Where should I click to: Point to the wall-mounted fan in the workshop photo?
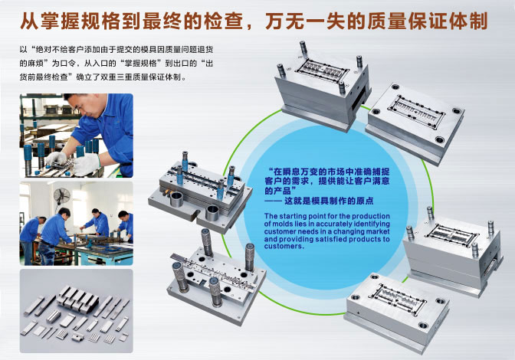62,196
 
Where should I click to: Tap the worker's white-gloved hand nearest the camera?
86,164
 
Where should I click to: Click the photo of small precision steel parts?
76,311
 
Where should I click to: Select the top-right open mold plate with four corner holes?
415,123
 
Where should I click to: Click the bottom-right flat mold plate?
396,312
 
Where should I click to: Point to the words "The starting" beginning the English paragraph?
285,216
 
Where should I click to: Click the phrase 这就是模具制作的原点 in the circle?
329,201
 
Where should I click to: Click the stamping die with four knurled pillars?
216,277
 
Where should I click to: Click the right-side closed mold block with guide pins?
453,252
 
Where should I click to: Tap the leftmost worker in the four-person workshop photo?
30,240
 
